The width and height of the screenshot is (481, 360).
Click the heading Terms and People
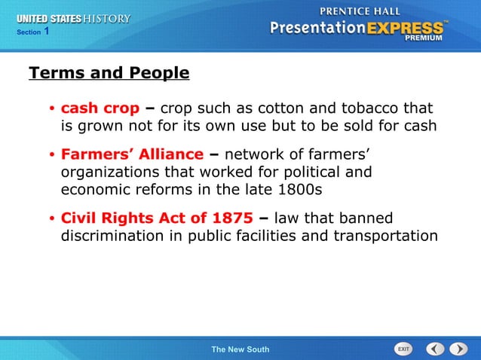pyautogui.click(x=109, y=73)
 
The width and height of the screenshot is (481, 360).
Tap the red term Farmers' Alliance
pyautogui.click(x=132, y=154)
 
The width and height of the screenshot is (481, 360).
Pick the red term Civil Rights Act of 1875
pyautogui.click(x=157, y=218)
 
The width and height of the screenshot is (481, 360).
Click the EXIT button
pyautogui.click(x=403, y=349)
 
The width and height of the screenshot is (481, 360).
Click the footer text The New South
pyautogui.click(x=240, y=349)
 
